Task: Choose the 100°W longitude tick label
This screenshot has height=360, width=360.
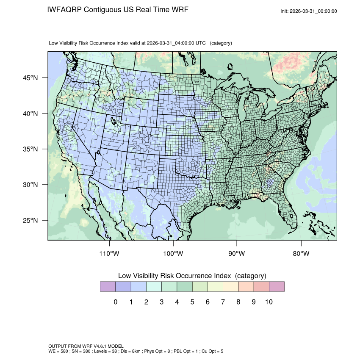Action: [x=173, y=254]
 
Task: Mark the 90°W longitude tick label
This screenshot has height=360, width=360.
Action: [x=237, y=254]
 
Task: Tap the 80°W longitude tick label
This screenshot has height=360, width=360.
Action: [x=301, y=254]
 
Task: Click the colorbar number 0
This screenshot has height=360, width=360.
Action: [x=116, y=302]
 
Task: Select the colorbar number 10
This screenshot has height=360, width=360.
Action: [x=269, y=302]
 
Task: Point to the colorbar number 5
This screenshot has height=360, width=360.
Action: [x=192, y=302]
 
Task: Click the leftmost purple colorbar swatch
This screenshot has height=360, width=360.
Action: [x=108, y=287]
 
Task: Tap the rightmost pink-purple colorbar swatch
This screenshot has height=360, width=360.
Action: [x=277, y=287]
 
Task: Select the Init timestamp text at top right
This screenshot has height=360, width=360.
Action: [x=309, y=11]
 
